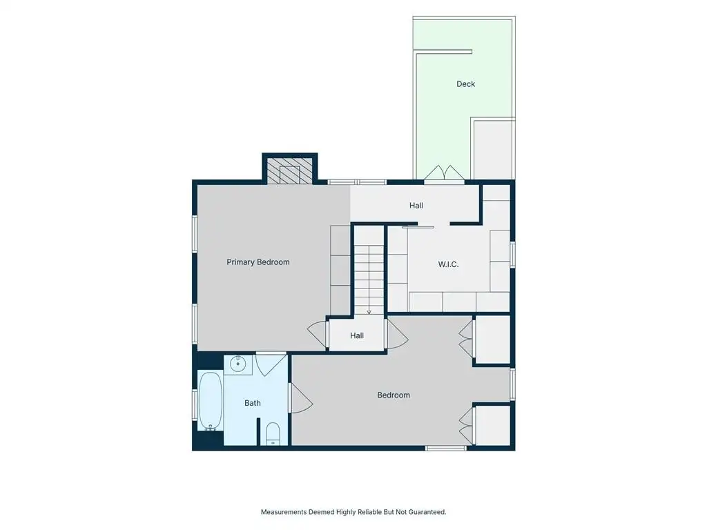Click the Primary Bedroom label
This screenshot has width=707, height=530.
258,262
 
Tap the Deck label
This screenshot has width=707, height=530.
466,84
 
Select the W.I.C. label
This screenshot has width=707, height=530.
448,264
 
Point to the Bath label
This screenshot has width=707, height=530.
253,403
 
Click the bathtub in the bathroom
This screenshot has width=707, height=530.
210,401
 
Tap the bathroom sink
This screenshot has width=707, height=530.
238,362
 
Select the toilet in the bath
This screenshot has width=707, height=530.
272,433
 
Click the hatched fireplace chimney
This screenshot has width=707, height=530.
289,170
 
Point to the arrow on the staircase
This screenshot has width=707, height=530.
369,280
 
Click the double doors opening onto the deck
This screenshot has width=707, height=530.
444,174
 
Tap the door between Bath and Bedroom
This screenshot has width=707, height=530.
300,398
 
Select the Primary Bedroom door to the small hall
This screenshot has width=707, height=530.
318,333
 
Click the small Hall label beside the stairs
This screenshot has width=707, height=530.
357,335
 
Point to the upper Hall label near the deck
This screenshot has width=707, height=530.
416,206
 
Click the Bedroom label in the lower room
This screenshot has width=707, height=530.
394,395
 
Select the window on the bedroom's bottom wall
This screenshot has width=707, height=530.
446,448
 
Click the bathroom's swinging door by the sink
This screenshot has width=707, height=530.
271,365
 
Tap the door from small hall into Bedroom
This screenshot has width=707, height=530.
397,333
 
